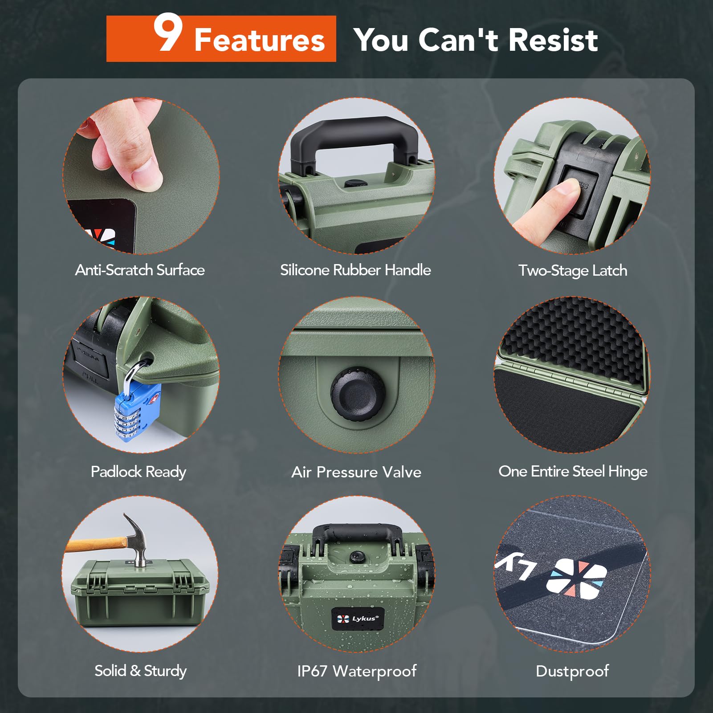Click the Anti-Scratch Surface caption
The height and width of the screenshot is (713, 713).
(x=140, y=270)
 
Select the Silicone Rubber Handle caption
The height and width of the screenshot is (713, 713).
(x=355, y=270)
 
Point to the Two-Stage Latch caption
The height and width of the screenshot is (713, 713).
(x=573, y=270)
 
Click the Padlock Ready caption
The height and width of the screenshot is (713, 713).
(x=139, y=472)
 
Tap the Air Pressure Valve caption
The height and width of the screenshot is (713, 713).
(x=356, y=472)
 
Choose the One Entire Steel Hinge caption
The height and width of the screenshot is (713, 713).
(x=573, y=471)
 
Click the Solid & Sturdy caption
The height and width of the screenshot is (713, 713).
(x=140, y=671)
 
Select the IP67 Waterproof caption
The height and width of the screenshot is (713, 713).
(x=357, y=671)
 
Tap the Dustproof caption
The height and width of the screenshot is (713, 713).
(x=572, y=671)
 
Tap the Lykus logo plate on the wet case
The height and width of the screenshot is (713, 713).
(x=358, y=619)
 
